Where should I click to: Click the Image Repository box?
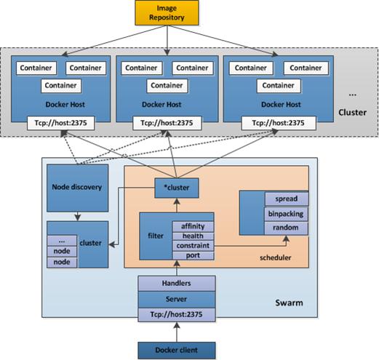167,12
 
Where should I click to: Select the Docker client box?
177,350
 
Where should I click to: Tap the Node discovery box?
77,188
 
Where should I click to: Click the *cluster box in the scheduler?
177,188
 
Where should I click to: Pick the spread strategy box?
287,199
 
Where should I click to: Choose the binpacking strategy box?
286,214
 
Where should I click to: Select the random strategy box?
286,228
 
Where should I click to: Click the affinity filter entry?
193,226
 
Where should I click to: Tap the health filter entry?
193,236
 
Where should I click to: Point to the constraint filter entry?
193,246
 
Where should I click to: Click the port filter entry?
193,255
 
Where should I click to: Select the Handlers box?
177,283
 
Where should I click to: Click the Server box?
177,300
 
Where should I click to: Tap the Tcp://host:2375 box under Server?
177,315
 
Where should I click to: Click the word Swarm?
289,303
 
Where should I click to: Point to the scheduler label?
276,257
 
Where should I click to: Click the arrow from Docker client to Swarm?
177,332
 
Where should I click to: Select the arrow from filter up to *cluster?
177,205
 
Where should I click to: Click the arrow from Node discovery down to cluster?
77,217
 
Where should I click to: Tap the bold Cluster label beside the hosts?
352,113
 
